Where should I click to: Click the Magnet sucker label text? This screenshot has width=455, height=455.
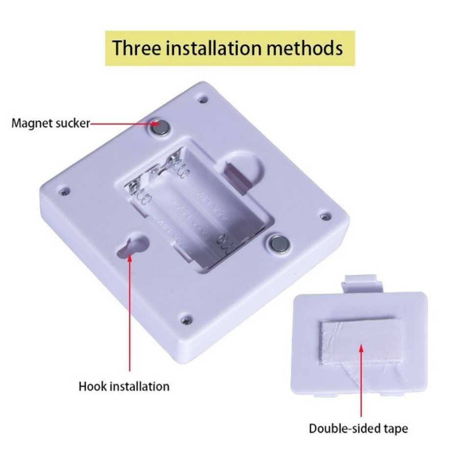pyautogui.click(x=51, y=123)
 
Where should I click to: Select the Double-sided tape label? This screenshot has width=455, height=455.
pyautogui.click(x=358, y=429)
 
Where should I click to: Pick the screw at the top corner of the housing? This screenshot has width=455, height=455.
pyautogui.click(x=203, y=100)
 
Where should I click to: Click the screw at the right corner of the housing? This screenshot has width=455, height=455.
pyautogui.click(x=325, y=216)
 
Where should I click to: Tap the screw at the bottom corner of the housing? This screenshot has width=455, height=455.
pyautogui.click(x=186, y=320)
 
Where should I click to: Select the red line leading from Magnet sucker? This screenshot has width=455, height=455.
pyautogui.click(x=120, y=124)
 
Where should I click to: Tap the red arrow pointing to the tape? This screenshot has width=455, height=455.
pyautogui.click(x=361, y=382)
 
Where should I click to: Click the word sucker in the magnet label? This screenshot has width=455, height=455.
pyautogui.click(x=74, y=123)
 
